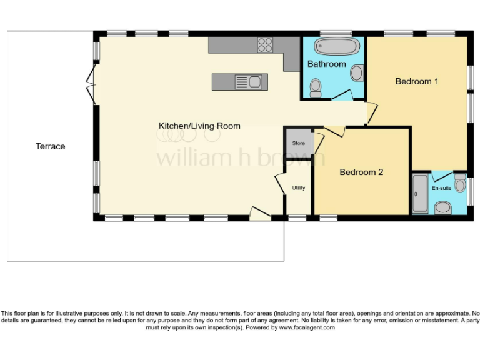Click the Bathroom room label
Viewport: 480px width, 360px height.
click(x=326, y=64)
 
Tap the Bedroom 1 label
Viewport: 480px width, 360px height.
click(x=417, y=81)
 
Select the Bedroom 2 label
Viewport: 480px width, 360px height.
click(x=361, y=172)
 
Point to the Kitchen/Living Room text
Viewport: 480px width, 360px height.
click(x=199, y=126)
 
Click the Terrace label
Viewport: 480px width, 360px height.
click(x=50, y=146)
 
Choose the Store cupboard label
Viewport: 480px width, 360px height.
click(x=299, y=144)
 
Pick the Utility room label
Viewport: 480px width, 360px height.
click(x=299, y=187)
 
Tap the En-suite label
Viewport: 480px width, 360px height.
click(x=442, y=187)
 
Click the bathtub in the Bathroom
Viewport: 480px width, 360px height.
click(x=337, y=47)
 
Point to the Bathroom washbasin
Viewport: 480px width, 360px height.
click(x=356, y=73)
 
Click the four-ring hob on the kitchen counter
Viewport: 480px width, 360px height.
click(x=265, y=44)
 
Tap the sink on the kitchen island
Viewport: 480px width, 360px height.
click(x=249, y=81)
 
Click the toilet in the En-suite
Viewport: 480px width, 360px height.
click(x=444, y=207)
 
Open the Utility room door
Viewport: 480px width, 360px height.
click(x=280, y=183)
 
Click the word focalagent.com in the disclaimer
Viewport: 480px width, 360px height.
click(x=307, y=327)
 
